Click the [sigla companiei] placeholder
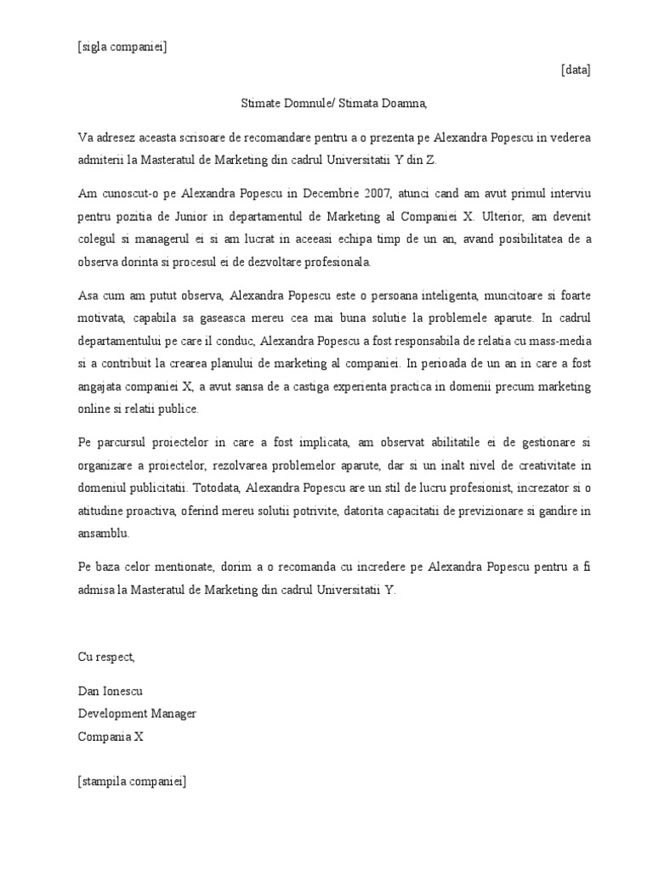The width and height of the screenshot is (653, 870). pyautogui.click(x=122, y=47)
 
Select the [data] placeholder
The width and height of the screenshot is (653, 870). pyautogui.click(x=576, y=70)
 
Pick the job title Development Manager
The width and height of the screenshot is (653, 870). pyautogui.click(x=137, y=714)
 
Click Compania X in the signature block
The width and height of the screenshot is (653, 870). pyautogui.click(x=111, y=737)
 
